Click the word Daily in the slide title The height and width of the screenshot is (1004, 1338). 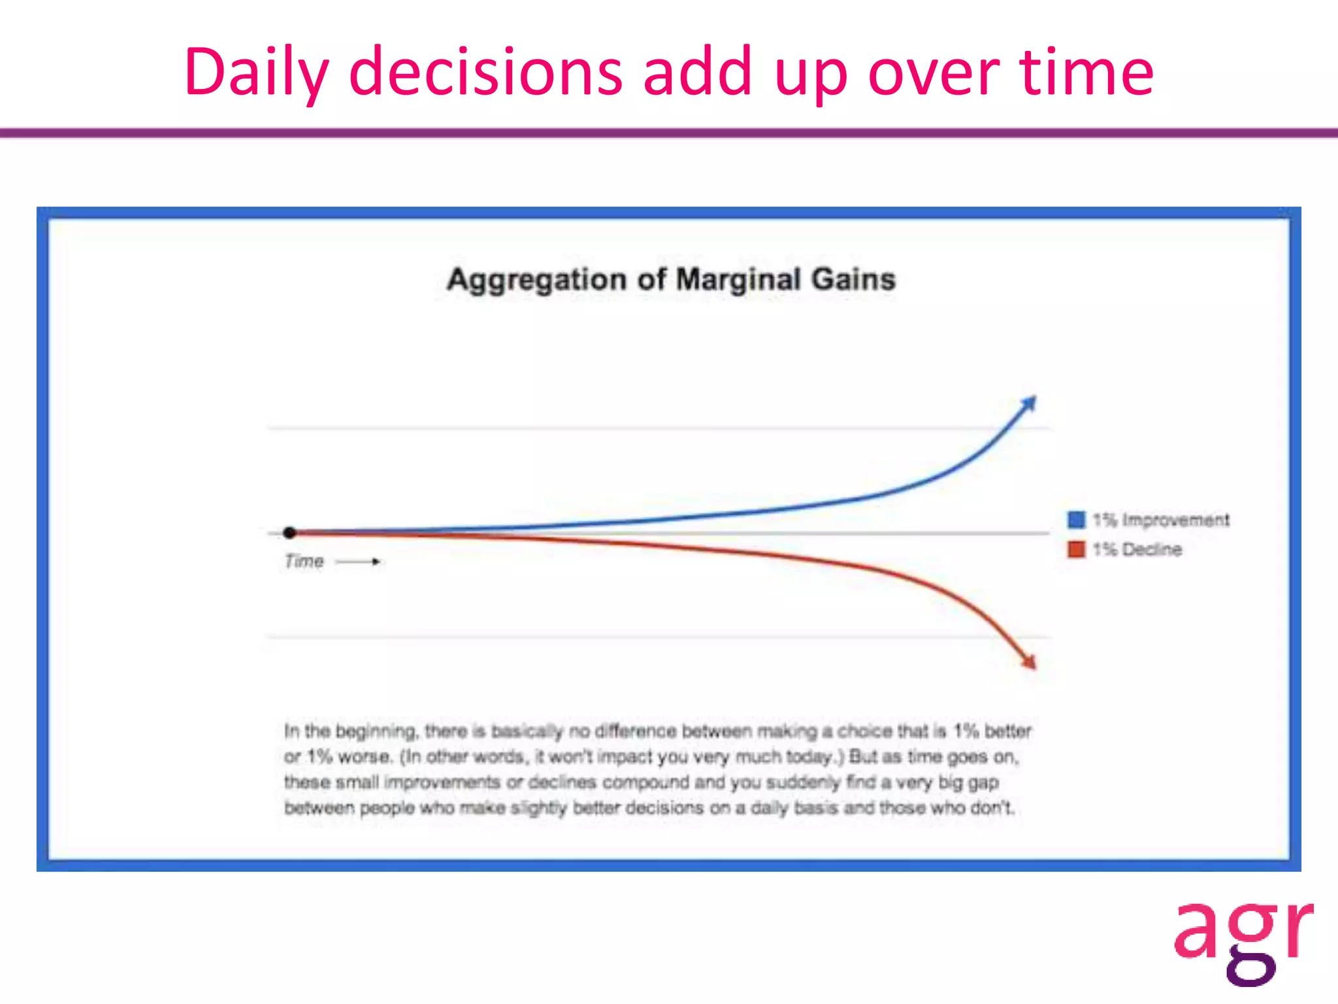[255, 72]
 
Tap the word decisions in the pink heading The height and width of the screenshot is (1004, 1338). [485, 72]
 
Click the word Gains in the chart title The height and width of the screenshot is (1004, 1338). [853, 280]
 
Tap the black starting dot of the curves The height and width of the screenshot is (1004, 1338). [290, 533]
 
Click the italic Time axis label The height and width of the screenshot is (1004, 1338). [304, 561]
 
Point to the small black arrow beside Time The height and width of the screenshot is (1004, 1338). [358, 561]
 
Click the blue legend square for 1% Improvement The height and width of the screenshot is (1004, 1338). [1076, 520]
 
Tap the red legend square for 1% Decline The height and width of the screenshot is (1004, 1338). [1076, 549]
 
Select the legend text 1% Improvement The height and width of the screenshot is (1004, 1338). [1161, 520]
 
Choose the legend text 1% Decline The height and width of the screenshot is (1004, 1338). [1137, 549]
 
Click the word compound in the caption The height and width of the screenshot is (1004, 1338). [645, 782]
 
